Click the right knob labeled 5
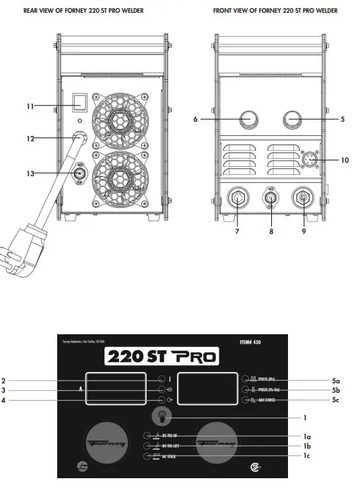(294, 120)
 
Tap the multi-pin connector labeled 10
(309, 160)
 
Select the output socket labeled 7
(238, 200)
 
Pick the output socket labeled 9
(303, 200)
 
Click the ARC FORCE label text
(271, 401)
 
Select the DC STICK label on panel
(171, 457)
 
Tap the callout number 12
(30, 139)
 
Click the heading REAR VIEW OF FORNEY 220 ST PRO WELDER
(83, 11)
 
